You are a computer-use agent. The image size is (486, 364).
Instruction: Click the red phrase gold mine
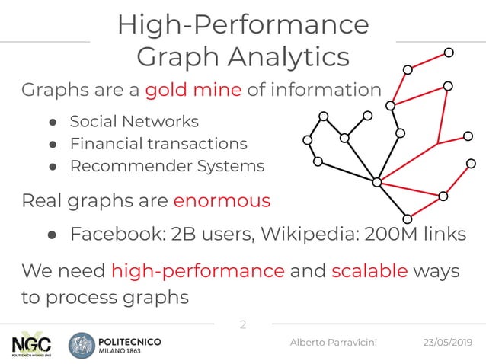point(193,91)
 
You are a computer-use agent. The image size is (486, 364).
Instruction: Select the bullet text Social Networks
point(134,122)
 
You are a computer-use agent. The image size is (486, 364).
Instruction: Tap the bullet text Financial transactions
point(158,144)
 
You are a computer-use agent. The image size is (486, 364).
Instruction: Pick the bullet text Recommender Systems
point(167,166)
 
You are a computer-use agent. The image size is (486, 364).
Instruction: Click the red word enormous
point(222,201)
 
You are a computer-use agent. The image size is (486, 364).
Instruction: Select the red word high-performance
point(198,271)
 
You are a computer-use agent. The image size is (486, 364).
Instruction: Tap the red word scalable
point(370,271)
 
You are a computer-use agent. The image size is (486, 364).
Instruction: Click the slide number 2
point(243,325)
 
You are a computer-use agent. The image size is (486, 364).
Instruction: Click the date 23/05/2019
point(449,344)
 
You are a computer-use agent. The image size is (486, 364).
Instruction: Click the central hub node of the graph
point(376,182)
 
